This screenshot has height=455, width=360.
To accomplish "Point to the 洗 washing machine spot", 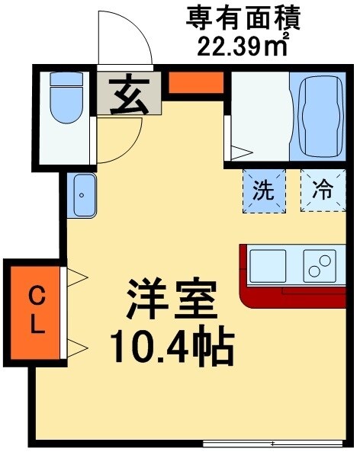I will click(263, 190).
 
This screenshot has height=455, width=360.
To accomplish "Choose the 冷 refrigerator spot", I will click(323, 190).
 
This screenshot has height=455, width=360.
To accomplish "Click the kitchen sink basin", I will click(267, 266).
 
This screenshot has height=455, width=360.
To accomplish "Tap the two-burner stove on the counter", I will click(320, 266).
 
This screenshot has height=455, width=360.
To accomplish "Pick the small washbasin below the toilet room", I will click(82, 194).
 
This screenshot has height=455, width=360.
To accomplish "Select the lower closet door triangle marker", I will click(78, 348).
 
